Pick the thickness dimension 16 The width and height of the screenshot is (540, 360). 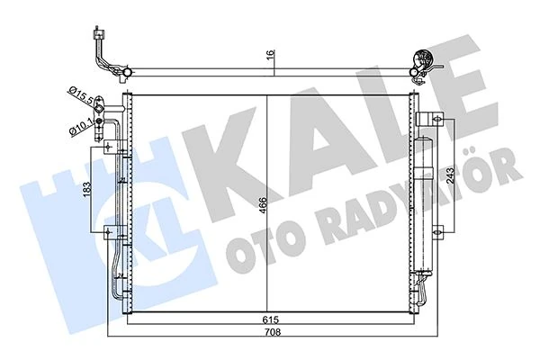coord(267,53)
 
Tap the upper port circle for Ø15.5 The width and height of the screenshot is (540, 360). coord(113,100)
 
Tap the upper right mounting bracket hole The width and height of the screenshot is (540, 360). coord(434,117)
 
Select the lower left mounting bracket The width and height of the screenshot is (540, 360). coord(111,236)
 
